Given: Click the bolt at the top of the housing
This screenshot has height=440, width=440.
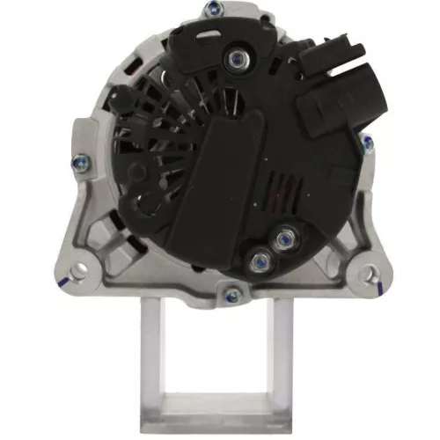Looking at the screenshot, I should click(213, 11).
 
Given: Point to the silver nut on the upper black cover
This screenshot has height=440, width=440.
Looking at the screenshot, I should click(237, 59).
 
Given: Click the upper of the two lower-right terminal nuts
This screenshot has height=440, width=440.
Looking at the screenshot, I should click(282, 236).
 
